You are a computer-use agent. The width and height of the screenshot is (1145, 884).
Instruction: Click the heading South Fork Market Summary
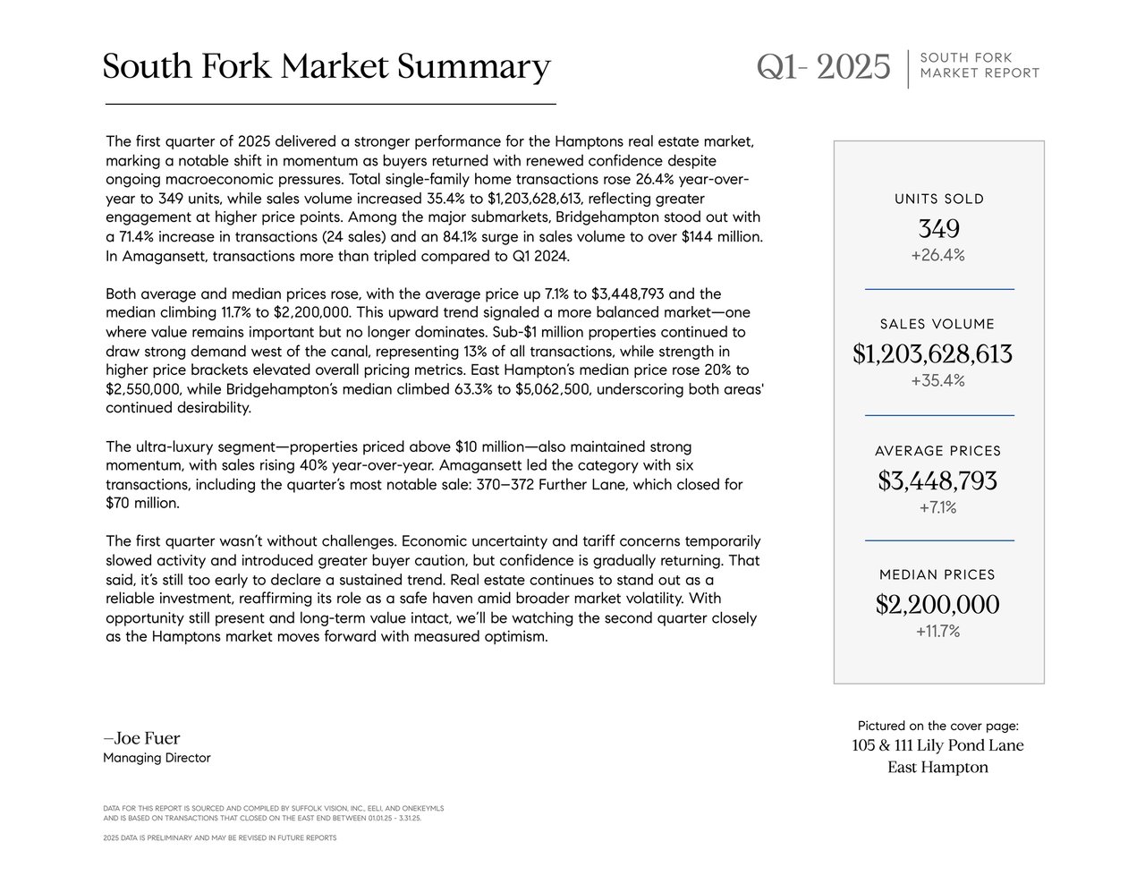pyautogui.click(x=327, y=67)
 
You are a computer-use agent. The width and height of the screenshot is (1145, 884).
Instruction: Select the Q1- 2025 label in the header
pyautogui.click(x=824, y=67)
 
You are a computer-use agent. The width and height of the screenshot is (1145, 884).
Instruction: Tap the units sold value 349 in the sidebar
pyautogui.click(x=938, y=228)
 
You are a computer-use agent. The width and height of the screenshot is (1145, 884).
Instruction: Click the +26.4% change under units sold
pyautogui.click(x=938, y=255)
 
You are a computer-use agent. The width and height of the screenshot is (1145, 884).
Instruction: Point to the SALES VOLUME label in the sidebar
pyautogui.click(x=937, y=324)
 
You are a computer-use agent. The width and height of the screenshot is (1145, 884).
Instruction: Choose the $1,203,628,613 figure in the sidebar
pyautogui.click(x=933, y=354)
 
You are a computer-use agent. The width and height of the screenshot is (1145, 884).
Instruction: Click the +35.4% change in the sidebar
pyautogui.click(x=938, y=380)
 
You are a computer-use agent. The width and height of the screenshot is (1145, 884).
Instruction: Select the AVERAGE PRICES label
pyautogui.click(x=938, y=451)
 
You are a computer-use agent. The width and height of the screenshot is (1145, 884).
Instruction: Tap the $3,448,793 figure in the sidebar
pyautogui.click(x=937, y=481)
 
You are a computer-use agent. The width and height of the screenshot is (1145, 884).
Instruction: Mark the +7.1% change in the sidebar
pyautogui.click(x=937, y=507)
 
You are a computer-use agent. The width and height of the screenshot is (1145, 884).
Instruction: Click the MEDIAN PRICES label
pyautogui.click(x=937, y=574)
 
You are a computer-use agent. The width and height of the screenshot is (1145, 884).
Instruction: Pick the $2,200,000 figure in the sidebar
pyautogui.click(x=937, y=605)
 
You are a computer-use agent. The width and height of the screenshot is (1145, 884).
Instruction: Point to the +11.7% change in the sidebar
pyautogui.click(x=937, y=631)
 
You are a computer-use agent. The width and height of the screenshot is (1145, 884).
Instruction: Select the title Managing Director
pyautogui.click(x=157, y=758)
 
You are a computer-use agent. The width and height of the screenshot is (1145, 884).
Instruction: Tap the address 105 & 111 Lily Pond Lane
pyautogui.click(x=937, y=745)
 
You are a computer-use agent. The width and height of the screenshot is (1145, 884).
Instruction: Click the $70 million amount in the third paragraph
pyautogui.click(x=142, y=503)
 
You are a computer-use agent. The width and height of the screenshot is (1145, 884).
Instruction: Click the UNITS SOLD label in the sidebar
pyautogui.click(x=939, y=199)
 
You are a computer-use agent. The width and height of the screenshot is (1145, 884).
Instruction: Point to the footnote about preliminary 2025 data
pyautogui.click(x=220, y=837)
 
